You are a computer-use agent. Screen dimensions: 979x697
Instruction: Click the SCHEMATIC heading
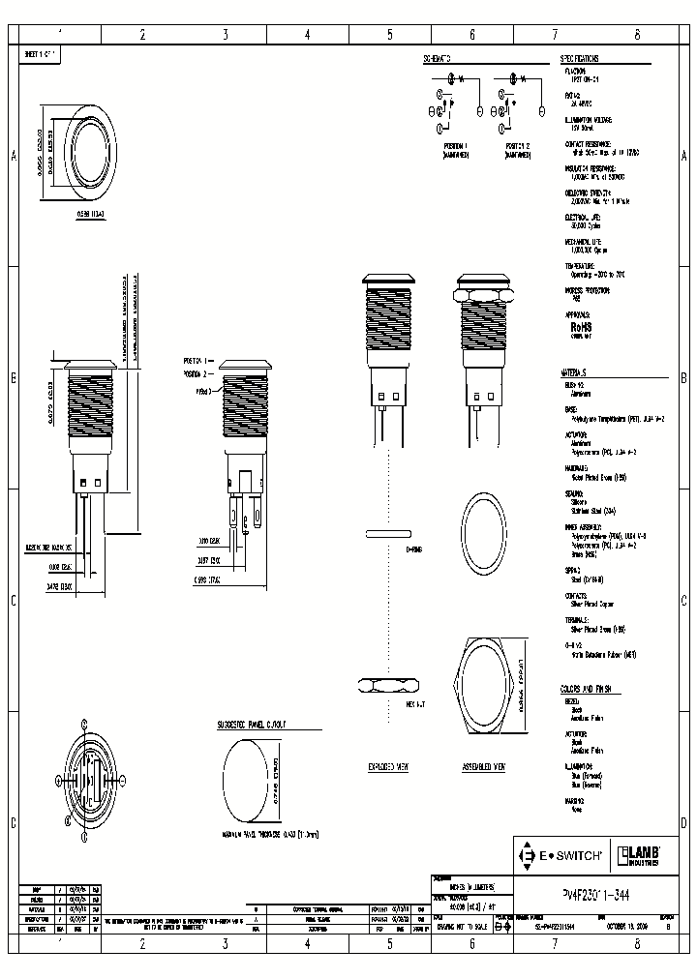pos(438,59)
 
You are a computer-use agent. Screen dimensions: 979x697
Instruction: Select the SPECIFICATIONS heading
pos(581,59)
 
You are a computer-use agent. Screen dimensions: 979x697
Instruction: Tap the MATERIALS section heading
pos(573,372)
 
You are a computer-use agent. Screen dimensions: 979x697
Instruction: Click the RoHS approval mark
pos(581,327)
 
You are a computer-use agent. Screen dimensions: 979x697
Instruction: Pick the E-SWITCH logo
pos(562,855)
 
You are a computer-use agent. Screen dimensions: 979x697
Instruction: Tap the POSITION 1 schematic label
pos(454,145)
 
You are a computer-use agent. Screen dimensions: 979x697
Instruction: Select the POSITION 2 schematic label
pos(517,145)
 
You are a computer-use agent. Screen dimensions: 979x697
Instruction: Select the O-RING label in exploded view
pos(413,548)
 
